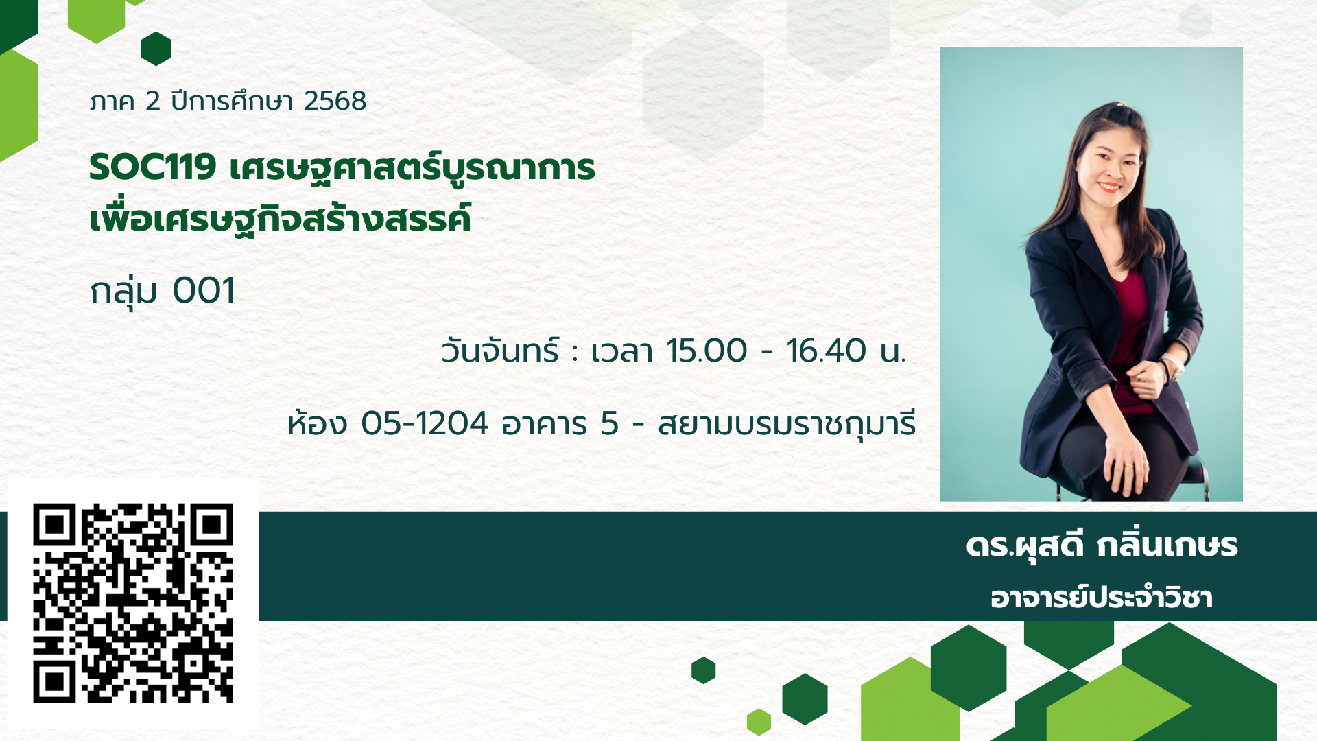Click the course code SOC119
click(x=153, y=167)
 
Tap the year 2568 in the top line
click(x=335, y=101)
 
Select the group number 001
click(x=204, y=290)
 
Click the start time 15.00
click(x=707, y=351)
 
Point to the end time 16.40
click(x=827, y=351)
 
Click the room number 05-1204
click(x=425, y=423)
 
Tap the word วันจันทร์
click(x=500, y=351)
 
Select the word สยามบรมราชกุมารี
click(x=787, y=424)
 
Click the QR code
click(x=133, y=603)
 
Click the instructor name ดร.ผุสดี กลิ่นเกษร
click(x=1102, y=547)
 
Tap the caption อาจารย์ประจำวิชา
click(x=1102, y=598)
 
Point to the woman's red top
click(x=1132, y=336)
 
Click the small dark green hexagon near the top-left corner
click(x=156, y=49)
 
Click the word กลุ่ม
click(x=124, y=292)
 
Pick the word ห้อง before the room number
click(x=318, y=423)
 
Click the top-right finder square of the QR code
click(x=211, y=526)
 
